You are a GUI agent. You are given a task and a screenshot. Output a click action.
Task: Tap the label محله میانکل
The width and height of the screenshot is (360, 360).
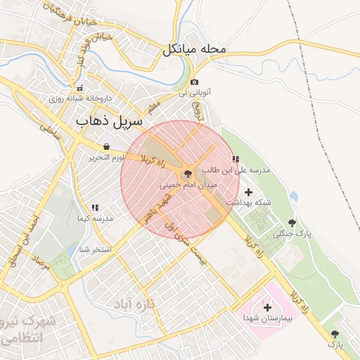point(195,50)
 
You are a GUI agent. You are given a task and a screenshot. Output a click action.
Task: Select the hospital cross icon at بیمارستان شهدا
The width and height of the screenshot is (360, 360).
point(267,307)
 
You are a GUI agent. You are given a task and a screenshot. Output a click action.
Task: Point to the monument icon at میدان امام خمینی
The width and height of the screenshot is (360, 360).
point(188,174)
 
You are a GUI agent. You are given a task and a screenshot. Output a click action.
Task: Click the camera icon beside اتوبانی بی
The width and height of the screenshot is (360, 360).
point(195,82)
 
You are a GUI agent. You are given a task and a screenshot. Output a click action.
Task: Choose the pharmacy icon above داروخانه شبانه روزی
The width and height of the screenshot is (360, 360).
point(81,89)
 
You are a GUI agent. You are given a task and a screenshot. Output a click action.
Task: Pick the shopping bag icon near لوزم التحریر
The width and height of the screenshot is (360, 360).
point(106,147)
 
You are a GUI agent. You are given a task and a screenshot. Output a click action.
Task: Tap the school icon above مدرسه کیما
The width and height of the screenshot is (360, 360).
point(94,207)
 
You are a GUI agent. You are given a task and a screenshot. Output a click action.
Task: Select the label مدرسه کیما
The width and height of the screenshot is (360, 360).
point(94,219)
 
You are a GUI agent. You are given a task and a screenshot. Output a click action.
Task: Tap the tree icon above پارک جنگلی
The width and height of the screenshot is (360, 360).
point(292,222)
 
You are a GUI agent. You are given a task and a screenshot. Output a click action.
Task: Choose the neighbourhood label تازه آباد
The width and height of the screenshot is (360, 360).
point(129,304)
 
